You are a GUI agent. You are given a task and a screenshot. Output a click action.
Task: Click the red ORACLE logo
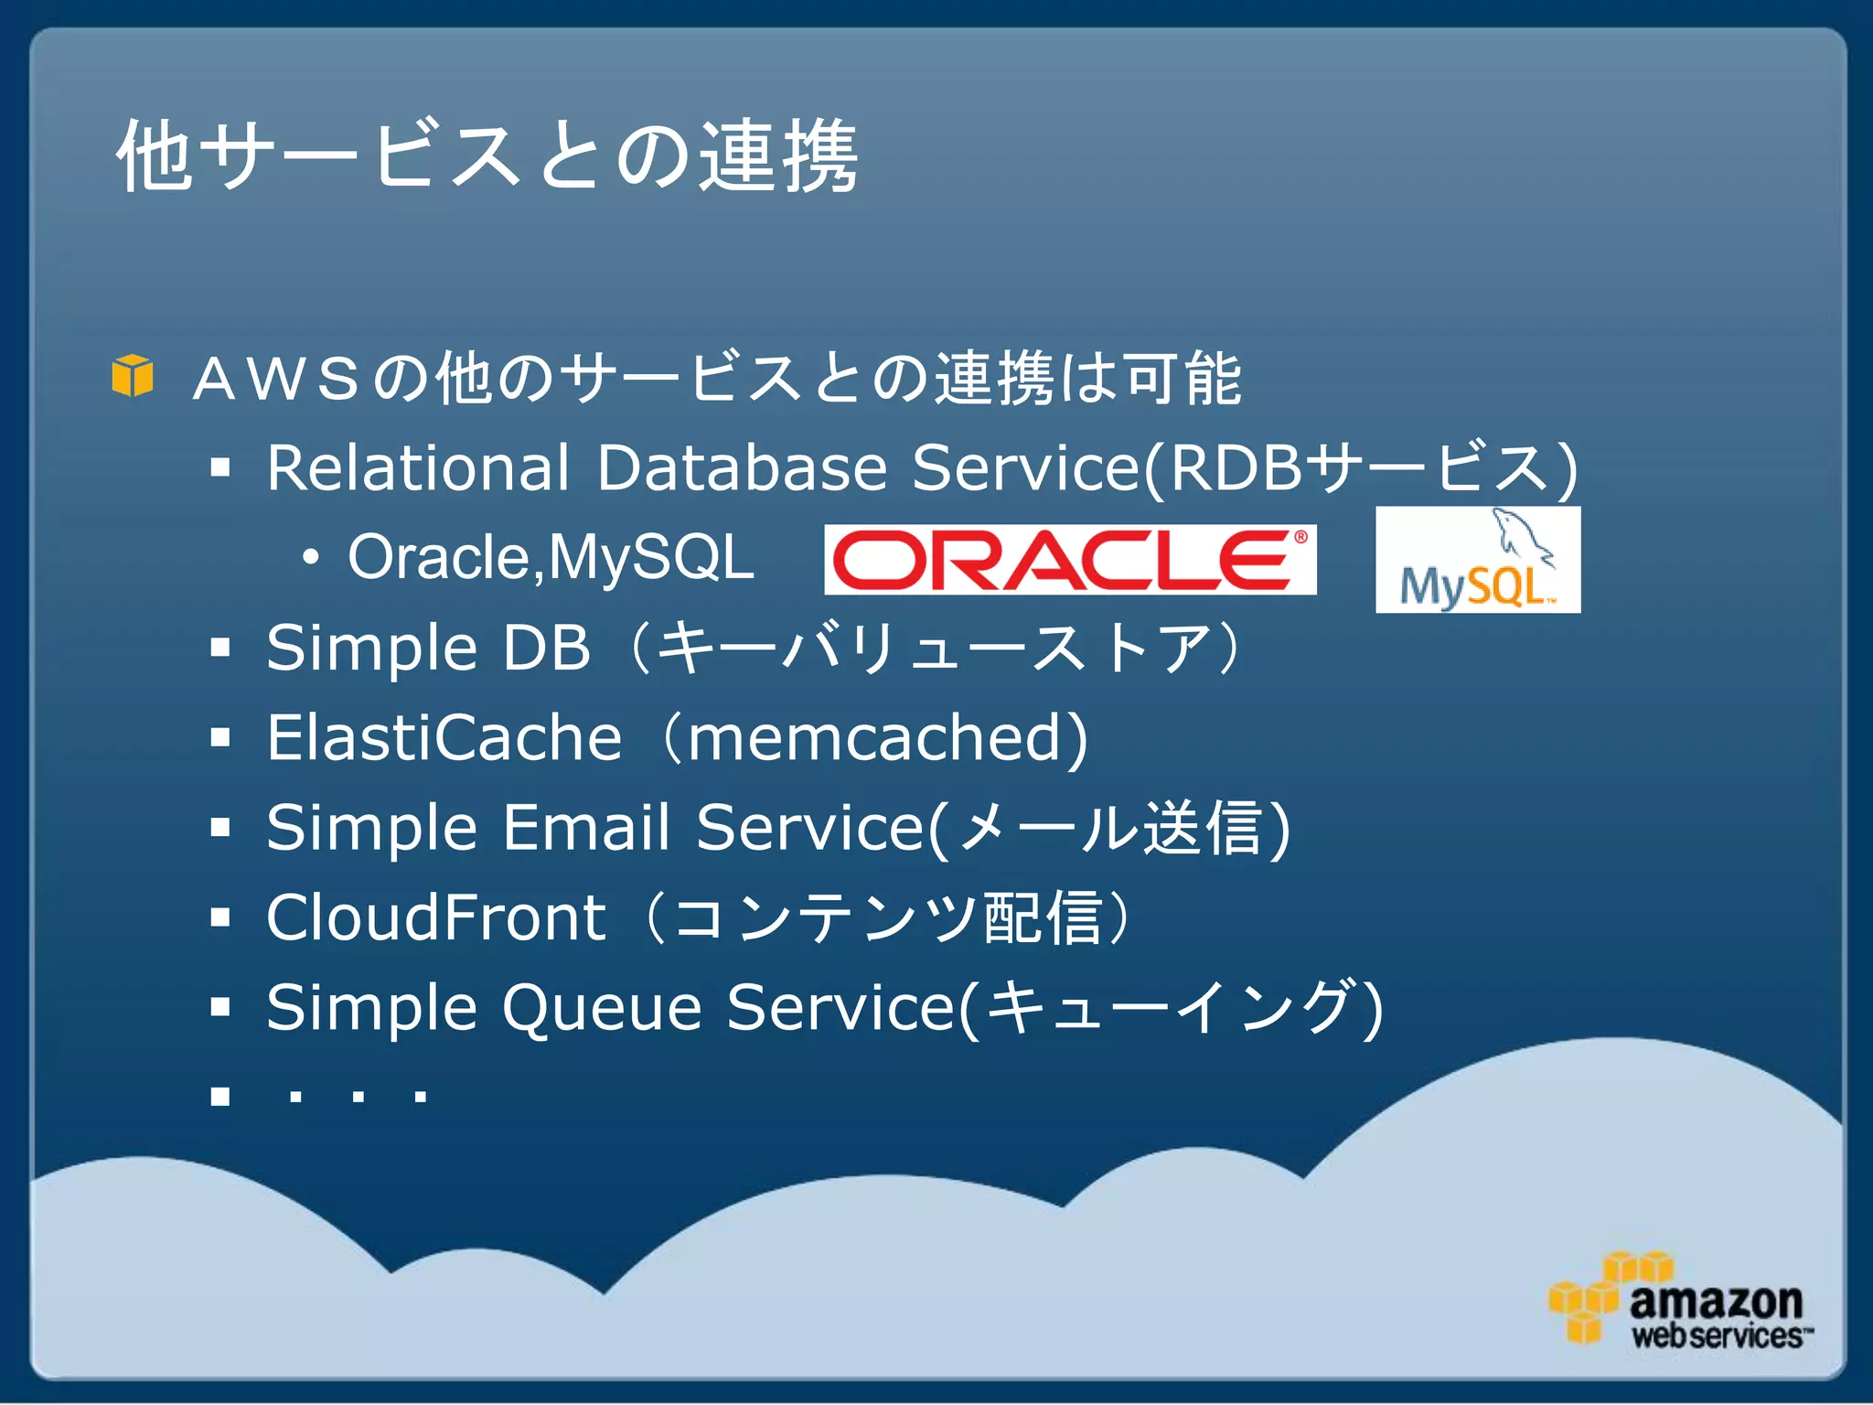tap(1069, 560)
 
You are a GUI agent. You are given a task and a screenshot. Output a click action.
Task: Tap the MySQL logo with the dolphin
tap(1477, 561)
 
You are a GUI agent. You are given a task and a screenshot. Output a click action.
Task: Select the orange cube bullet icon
tap(133, 376)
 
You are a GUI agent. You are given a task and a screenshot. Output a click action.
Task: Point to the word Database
tap(742, 467)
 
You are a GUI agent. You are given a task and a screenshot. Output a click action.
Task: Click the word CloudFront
tap(435, 917)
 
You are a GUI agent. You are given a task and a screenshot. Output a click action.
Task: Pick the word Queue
tap(602, 1007)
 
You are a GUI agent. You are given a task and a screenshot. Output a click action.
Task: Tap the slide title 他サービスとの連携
tap(487, 156)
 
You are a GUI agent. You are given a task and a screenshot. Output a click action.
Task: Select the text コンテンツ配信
tap(887, 917)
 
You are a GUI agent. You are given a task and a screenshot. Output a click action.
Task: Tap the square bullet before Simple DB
tap(219, 648)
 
